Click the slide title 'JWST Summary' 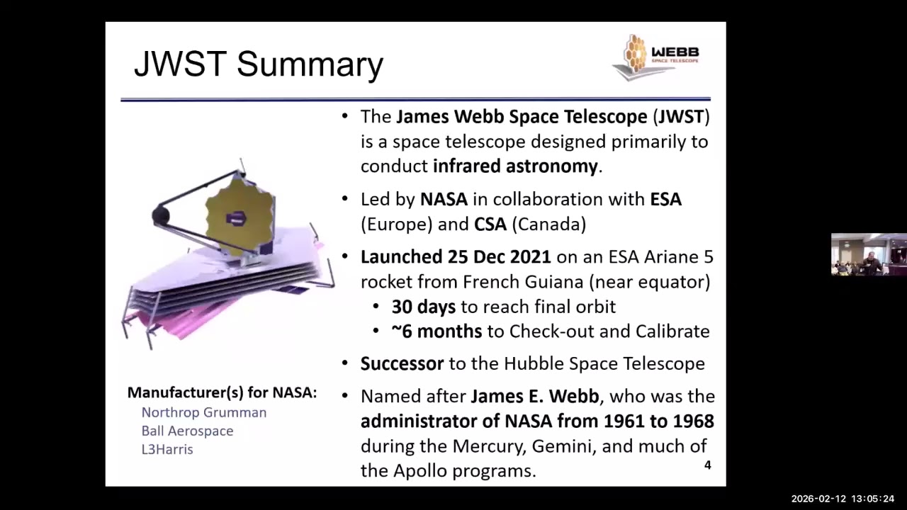258,64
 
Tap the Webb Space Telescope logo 655,56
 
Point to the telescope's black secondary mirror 160,215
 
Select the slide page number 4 706,465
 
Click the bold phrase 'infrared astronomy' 516,166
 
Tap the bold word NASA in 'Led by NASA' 444,200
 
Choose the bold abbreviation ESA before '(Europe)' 665,200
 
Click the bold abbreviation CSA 490,225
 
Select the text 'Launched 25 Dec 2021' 455,256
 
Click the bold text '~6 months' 436,331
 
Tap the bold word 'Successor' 402,364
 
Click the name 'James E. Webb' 534,396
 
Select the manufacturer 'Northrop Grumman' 204,412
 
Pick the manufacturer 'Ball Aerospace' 187,431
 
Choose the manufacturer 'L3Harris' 167,449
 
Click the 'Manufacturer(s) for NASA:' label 222,392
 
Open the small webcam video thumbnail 868,254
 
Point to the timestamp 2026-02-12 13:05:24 843,499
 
